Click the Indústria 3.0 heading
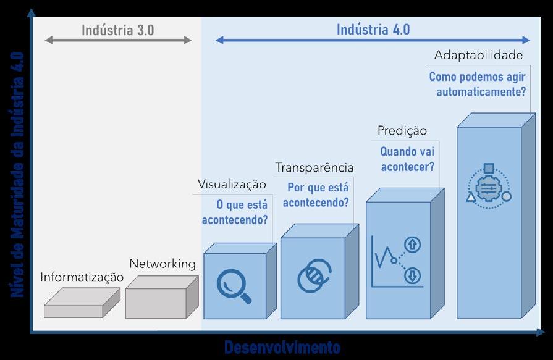(118, 30)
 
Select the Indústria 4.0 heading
(373, 29)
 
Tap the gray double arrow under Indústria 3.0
(119, 41)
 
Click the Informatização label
(82, 278)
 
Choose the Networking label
(163, 264)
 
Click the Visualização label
(232, 184)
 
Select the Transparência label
(314, 167)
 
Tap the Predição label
(402, 131)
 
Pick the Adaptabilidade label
(479, 56)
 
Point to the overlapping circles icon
(314, 275)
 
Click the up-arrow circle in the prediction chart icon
(412, 245)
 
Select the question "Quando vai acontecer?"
(407, 159)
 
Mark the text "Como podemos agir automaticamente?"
(478, 85)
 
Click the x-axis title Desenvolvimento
(282, 347)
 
